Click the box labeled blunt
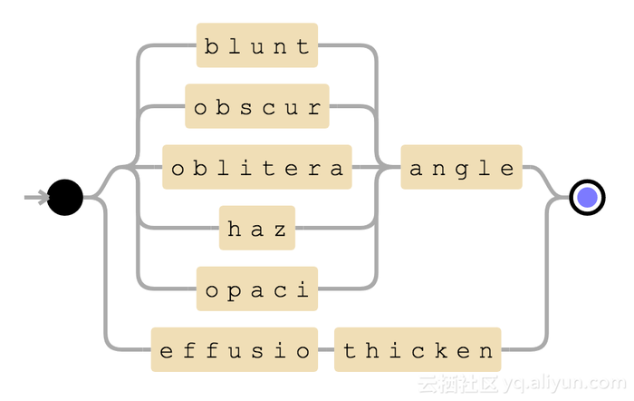tap(257, 45)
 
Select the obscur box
tap(257, 106)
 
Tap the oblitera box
tap(257, 167)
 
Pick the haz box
tap(257, 228)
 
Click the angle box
tap(462, 167)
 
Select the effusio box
tap(235, 349)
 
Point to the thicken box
tap(418, 349)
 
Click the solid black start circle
tap(65, 197)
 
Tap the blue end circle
tap(587, 197)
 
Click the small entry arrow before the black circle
tap(37, 197)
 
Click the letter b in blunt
tap(211, 45)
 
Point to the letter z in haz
tap(281, 229)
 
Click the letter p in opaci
tap(234, 290)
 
